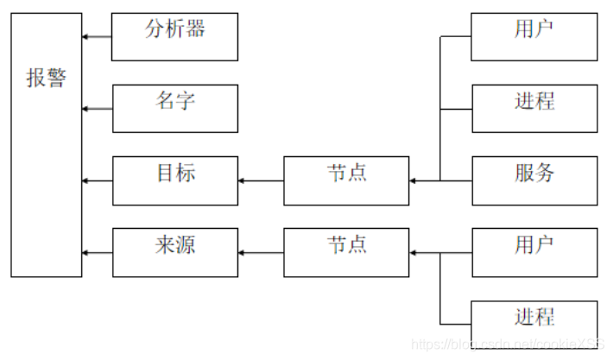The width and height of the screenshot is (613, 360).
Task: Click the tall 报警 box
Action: (x=46, y=144)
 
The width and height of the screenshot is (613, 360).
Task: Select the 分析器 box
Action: (x=174, y=36)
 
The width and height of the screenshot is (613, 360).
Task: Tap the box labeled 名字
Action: (x=174, y=109)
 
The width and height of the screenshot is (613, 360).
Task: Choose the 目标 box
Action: (x=174, y=180)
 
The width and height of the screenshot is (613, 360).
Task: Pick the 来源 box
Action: (x=174, y=252)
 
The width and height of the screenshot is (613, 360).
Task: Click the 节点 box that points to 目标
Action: (x=346, y=180)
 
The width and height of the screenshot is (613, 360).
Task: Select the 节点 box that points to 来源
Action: (x=346, y=252)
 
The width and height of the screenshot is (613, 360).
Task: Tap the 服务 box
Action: (x=534, y=180)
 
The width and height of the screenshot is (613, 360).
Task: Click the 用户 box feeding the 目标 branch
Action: (x=534, y=36)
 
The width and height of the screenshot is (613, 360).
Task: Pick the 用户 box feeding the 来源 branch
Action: (x=534, y=252)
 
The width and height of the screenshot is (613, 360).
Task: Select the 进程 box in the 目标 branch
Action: (x=534, y=109)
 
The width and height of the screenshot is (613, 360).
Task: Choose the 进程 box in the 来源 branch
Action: (x=534, y=324)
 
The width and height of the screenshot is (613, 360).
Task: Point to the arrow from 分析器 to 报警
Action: (x=97, y=37)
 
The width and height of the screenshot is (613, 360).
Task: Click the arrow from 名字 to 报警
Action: (x=97, y=109)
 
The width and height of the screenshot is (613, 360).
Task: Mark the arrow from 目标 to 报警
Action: (x=97, y=181)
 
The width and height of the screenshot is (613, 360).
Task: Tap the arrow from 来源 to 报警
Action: (x=97, y=253)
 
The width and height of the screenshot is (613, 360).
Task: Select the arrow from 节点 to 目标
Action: (x=261, y=181)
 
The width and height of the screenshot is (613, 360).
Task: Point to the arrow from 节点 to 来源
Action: (x=261, y=253)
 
